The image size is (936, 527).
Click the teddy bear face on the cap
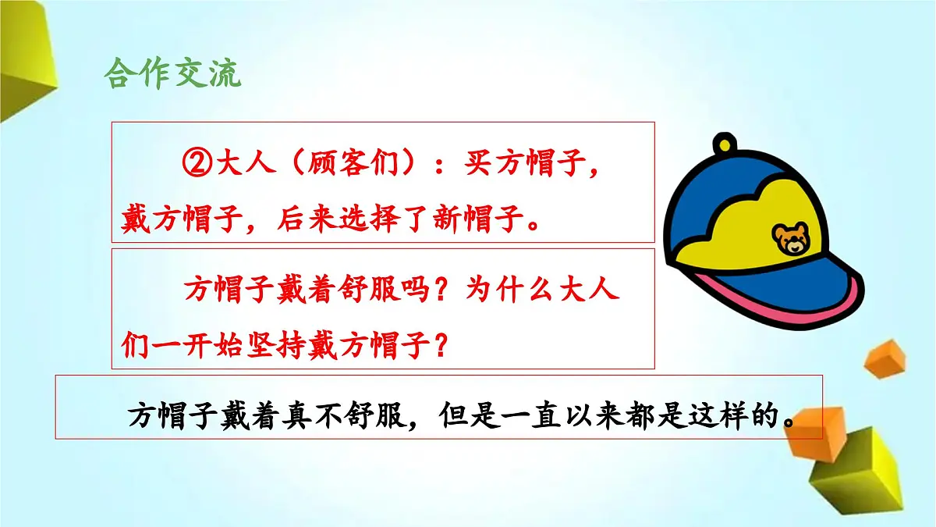pos(792,239)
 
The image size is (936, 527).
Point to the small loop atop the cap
pos(725,145)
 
